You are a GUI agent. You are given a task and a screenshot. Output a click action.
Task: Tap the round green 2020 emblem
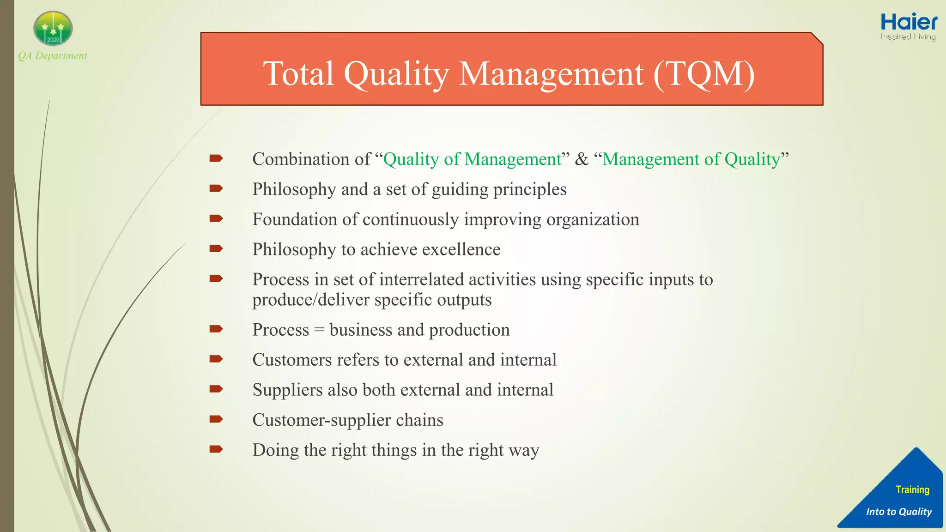pyautogui.click(x=53, y=29)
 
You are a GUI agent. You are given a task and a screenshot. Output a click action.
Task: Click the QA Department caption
pyautogui.click(x=52, y=56)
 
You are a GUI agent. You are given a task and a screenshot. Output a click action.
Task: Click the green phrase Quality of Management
pyautogui.click(x=473, y=159)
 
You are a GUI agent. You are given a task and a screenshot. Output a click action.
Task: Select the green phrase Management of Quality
pyautogui.click(x=691, y=159)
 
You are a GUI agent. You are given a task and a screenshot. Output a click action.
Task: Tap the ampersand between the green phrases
pyautogui.click(x=582, y=159)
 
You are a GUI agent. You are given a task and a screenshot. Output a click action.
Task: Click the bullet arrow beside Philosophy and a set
pyautogui.click(x=216, y=188)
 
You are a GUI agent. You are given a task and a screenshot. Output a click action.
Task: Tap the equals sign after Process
pyautogui.click(x=319, y=330)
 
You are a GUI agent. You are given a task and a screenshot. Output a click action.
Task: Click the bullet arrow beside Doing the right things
pyautogui.click(x=216, y=449)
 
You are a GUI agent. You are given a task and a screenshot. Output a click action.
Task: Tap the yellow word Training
pyautogui.click(x=912, y=490)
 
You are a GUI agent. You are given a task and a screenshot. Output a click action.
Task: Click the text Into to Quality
pyautogui.click(x=899, y=512)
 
